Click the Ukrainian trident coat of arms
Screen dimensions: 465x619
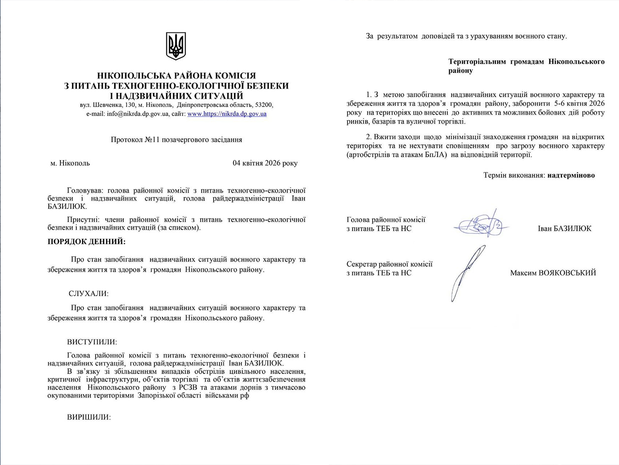pos(176,46)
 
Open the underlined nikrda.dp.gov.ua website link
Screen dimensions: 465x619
pos(227,114)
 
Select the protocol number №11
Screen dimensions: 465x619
pos(152,140)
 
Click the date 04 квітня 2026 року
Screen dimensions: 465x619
pos(265,163)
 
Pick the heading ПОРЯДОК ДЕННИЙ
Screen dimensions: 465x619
pos(86,241)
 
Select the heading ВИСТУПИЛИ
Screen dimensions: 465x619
pos(92,342)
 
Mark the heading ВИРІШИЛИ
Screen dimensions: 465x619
pos(89,417)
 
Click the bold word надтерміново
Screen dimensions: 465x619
pos(571,175)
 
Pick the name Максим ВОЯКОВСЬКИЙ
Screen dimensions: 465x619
pos(553,273)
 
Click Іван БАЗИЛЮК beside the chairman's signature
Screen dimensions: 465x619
pos(564,228)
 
